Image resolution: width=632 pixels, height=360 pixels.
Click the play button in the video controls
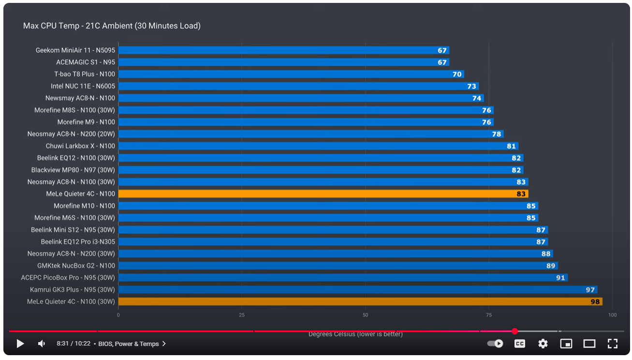20,344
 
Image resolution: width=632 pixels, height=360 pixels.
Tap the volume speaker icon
42,344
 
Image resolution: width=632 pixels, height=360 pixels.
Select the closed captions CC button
520,344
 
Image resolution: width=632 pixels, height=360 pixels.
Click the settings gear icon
543,344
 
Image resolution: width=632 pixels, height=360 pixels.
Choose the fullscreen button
613,344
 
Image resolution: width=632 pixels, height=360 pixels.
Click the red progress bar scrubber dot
515,331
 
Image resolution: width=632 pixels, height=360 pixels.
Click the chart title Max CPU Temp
112,26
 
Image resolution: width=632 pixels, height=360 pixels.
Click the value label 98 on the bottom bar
595,302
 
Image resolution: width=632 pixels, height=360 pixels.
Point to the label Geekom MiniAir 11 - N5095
75,50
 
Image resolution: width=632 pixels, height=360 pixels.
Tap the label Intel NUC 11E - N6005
83,86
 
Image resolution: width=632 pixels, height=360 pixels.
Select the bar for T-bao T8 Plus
291,74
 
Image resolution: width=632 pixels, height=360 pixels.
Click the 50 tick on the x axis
365,315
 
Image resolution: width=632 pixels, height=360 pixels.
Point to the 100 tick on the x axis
612,315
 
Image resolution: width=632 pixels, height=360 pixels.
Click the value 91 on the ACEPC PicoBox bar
560,278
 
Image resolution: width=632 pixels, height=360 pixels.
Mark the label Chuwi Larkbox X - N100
80,146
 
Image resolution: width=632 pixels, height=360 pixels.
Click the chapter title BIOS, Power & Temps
129,344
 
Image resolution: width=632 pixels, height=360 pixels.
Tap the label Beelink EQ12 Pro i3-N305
78,242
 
